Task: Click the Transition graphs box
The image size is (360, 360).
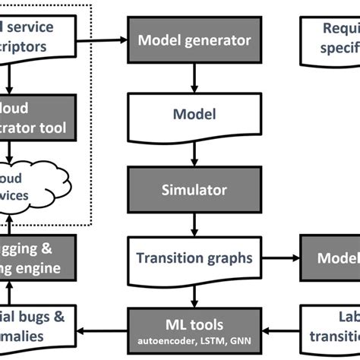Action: click(x=194, y=258)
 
